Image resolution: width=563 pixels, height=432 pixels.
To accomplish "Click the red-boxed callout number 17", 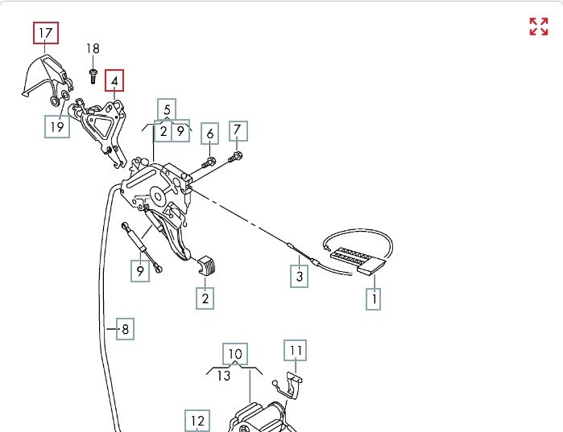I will pyautogui.click(x=46, y=33).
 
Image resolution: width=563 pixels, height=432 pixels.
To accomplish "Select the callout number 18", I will pyautogui.click(x=93, y=48).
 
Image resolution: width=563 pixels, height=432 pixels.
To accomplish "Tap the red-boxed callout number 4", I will pyautogui.click(x=115, y=81).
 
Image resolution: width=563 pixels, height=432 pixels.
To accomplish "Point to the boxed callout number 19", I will pyautogui.click(x=56, y=126).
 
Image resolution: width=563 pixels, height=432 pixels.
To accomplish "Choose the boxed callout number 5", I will pyautogui.click(x=167, y=109).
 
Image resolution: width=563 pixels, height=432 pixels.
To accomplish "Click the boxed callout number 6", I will pyautogui.click(x=209, y=134).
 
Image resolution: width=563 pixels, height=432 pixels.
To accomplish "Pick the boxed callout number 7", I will pyautogui.click(x=237, y=130).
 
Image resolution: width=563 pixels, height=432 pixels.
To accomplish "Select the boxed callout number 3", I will pyautogui.click(x=300, y=277).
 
